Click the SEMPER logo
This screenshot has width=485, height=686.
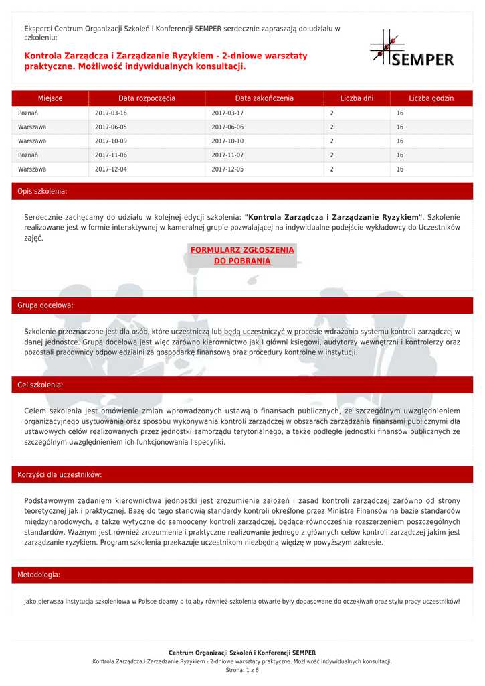coord(412,48)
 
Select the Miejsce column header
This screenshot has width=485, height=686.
coord(50,98)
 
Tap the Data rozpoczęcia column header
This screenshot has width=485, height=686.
coord(147,98)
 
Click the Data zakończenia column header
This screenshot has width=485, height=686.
coord(264,98)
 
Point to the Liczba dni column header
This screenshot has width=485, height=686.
coord(357,98)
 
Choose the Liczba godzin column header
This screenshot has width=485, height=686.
coord(431,98)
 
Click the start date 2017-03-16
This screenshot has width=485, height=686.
coord(111,113)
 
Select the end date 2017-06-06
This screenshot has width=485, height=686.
coord(227,127)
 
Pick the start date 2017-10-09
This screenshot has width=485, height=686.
coord(111,141)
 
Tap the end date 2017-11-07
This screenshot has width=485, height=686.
coord(227,155)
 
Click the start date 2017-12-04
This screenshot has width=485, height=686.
coord(111,169)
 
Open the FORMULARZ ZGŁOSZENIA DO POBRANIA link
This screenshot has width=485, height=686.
coord(242,255)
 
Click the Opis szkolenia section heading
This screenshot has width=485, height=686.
coord(42,192)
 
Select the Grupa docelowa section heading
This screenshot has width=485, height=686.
coord(45,305)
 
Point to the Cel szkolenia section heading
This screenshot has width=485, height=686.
coord(40,385)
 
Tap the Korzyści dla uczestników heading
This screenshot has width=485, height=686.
coord(60,475)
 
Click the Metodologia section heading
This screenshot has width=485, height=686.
coord(39,575)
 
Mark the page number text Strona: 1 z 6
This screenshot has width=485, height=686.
coord(242,670)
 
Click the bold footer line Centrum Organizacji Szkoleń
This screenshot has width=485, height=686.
coord(242,653)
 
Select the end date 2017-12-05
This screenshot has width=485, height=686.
coord(227,169)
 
